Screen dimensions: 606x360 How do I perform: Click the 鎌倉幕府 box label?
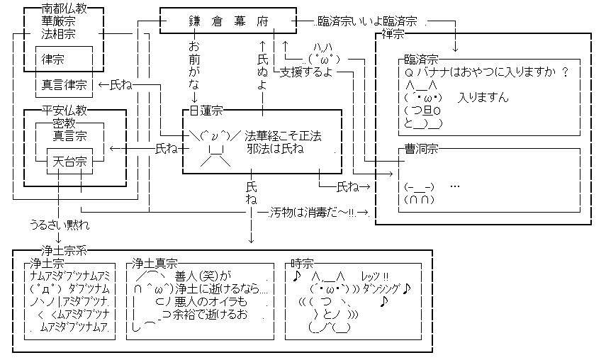point(228,21)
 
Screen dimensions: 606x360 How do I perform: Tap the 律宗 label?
point(52,59)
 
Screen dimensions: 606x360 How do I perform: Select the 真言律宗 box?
point(64,84)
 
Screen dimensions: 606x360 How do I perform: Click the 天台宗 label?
point(69,162)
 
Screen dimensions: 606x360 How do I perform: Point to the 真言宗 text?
point(69,136)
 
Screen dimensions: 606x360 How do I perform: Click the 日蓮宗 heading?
point(206,111)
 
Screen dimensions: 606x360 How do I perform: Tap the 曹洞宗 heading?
point(421,149)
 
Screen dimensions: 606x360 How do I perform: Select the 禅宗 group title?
point(393,34)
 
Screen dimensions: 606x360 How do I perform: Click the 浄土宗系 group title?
point(64,251)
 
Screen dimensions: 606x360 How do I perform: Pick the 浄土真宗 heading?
point(155,264)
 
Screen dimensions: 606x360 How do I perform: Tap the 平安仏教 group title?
point(64,111)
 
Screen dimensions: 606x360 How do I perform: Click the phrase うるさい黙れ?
point(60,225)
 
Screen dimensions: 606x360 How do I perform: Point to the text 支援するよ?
point(306,72)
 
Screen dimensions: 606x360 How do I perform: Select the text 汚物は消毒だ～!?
point(313,213)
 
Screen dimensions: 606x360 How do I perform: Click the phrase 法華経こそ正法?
point(283,136)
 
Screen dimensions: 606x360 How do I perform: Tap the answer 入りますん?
point(483,97)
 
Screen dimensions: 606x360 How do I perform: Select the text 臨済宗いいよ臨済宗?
point(367,21)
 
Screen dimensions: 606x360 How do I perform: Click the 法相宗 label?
point(58,33)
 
